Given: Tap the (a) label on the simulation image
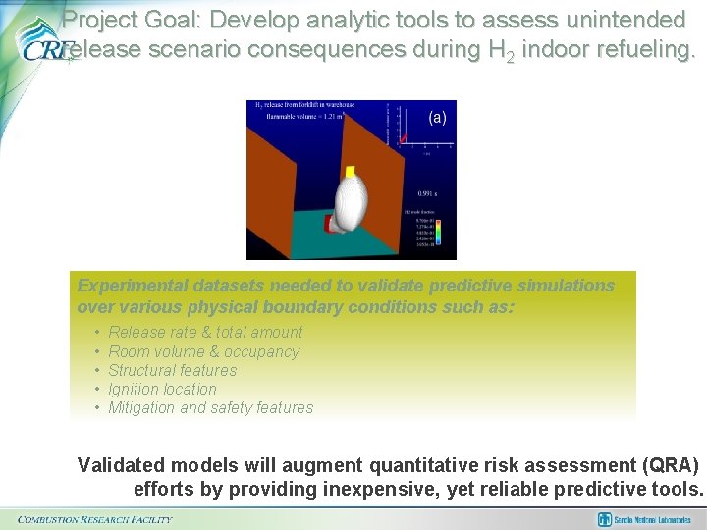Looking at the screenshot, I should tap(437, 117).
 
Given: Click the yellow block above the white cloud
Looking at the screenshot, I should tap(351, 172).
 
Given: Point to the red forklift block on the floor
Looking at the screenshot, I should tap(329, 225).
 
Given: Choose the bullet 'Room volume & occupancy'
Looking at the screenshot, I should tap(203, 351).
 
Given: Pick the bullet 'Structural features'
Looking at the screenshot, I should tap(172, 370).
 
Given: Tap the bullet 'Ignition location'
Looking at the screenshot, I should tap(162, 389).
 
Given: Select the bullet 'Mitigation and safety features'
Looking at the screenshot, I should tap(210, 407).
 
